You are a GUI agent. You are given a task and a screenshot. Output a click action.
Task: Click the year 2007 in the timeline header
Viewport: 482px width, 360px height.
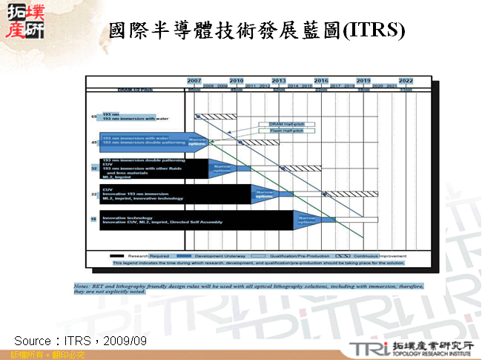pyautogui.click(x=194, y=79)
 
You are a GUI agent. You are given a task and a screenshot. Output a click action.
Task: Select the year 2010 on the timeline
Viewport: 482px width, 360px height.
pyautogui.click(x=237, y=79)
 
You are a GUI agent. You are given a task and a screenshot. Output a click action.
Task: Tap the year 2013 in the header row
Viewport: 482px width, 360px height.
pyautogui.click(x=279, y=79)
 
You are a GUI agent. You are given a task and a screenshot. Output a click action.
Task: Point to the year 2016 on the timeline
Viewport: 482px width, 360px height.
pyautogui.click(x=321, y=79)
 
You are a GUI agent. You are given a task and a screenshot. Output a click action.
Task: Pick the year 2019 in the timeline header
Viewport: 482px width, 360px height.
pyautogui.click(x=363, y=79)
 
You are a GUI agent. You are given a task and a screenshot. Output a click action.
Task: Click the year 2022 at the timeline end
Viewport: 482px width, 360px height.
pyautogui.click(x=406, y=79)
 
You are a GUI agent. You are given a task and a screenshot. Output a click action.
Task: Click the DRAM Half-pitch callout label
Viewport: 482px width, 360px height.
pyautogui.click(x=277, y=124)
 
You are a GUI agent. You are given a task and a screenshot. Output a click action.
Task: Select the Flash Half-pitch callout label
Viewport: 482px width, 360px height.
pyautogui.click(x=277, y=131)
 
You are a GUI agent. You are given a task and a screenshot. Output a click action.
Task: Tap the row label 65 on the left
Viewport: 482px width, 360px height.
pyautogui.click(x=94, y=117)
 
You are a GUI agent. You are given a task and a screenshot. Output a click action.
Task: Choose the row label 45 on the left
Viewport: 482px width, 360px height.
pyautogui.click(x=94, y=142)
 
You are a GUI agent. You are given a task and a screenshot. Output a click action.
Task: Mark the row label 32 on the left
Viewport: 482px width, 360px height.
pyautogui.click(x=94, y=168)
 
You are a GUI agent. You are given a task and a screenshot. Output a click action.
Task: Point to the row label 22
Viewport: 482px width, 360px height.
pyautogui.click(x=94, y=194)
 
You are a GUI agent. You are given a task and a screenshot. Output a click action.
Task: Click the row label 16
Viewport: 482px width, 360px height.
pyautogui.click(x=94, y=220)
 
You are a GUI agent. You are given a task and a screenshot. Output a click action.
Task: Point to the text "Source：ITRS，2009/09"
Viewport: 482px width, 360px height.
pyautogui.click(x=81, y=340)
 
